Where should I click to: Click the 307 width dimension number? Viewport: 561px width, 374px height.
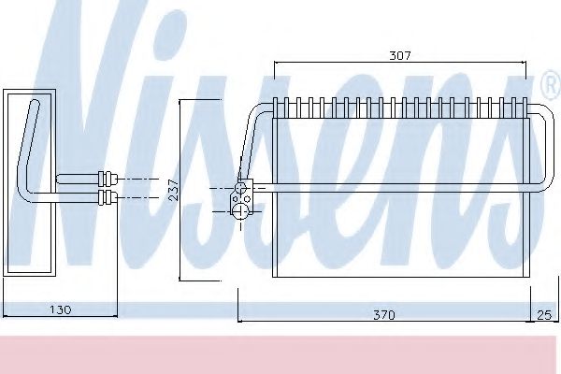[399, 56]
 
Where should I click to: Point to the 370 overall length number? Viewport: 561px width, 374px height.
[383, 315]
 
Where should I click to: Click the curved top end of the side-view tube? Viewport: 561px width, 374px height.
[35, 103]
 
